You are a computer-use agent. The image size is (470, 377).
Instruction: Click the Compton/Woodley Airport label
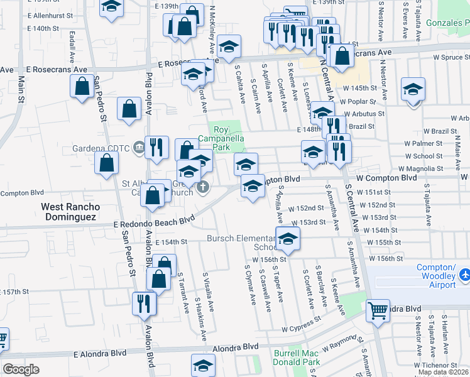click(437, 276)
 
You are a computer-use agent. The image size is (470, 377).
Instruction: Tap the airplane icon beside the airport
click(464, 275)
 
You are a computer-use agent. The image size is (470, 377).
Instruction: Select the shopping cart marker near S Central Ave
click(378, 310)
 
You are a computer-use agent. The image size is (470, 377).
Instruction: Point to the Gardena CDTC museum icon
click(139, 148)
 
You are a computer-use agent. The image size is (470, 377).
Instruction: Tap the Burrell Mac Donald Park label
click(297, 358)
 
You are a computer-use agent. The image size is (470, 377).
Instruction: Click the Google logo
click(21, 369)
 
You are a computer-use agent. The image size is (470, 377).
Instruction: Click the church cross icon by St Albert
click(203, 187)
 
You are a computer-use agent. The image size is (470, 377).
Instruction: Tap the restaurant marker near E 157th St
click(144, 303)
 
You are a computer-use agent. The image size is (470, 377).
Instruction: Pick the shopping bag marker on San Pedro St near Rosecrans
click(82, 87)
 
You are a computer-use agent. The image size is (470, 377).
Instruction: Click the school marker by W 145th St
click(413, 90)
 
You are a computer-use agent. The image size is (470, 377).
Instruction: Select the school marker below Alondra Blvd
click(204, 366)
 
